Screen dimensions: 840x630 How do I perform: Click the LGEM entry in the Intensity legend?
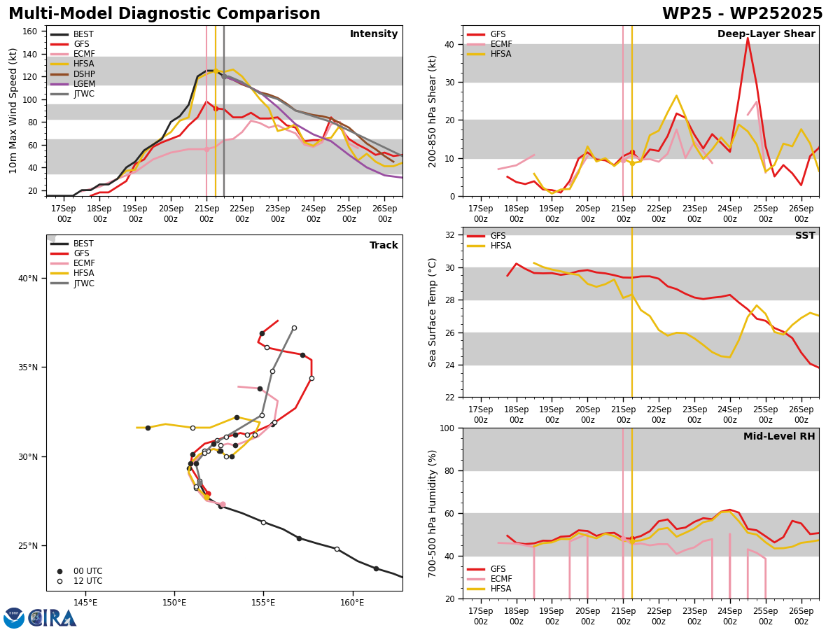[x=73, y=84]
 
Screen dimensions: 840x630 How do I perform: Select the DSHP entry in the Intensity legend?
[x=73, y=73]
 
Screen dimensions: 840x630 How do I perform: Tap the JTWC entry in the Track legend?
[x=73, y=283]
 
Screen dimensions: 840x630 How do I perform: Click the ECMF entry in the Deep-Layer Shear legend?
[x=489, y=44]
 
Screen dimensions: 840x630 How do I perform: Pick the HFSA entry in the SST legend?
[x=489, y=246]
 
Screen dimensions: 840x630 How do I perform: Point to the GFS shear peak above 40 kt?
[x=748, y=38]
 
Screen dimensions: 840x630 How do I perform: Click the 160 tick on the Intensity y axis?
[x=29, y=31]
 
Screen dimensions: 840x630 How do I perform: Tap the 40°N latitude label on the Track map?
[x=28, y=279]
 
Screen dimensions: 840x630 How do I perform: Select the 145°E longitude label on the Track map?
[x=85, y=603]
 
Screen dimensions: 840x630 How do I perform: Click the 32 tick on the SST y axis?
[x=449, y=235]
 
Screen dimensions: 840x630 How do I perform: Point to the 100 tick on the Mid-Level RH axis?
[x=447, y=428]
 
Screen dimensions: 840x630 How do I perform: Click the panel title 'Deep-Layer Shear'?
[x=766, y=34]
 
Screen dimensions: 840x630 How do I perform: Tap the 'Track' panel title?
[x=384, y=245]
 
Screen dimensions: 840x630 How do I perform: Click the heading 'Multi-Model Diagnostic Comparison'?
[x=164, y=14]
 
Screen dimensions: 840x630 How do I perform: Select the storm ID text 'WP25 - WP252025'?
[x=742, y=14]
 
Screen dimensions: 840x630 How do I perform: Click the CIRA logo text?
[x=52, y=618]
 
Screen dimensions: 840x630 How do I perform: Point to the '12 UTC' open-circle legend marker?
[x=59, y=582]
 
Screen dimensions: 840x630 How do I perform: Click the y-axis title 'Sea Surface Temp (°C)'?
[x=432, y=312]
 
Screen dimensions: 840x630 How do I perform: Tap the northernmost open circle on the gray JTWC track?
[x=294, y=328]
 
